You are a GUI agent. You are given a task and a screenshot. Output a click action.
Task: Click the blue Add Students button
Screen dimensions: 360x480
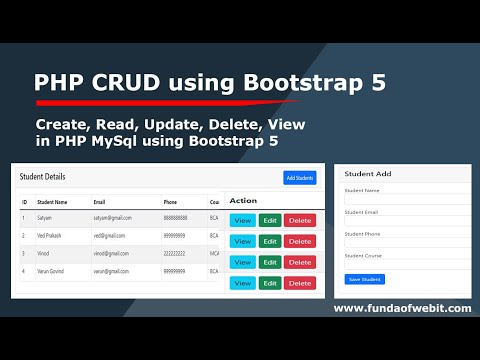(x=299, y=178)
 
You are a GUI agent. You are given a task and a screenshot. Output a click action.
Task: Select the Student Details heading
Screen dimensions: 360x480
(x=42, y=176)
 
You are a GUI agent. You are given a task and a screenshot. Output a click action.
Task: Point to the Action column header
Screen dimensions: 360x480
(x=243, y=200)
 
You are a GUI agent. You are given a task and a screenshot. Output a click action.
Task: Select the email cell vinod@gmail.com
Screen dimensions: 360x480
(x=115, y=254)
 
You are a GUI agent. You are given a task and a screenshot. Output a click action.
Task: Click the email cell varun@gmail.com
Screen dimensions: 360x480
(x=115, y=271)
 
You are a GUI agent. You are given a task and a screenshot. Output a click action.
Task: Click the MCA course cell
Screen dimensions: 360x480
(x=214, y=254)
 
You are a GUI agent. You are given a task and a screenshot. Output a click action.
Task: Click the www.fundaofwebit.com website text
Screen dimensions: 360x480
(x=401, y=308)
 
